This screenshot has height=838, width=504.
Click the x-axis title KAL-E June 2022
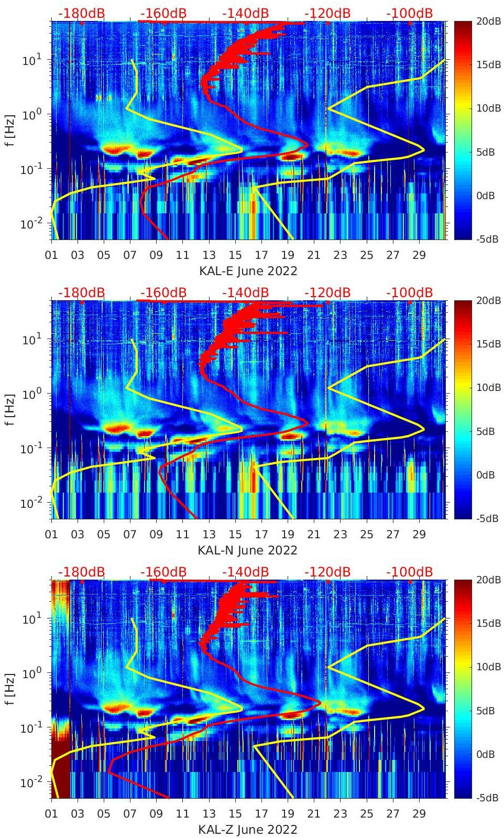pos(248,271)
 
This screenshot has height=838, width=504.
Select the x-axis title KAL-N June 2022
pos(247,550)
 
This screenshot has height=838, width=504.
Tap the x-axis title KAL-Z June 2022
pos(247,830)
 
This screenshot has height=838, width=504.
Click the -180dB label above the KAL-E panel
pos(81,14)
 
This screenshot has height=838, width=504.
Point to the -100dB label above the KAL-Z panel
pos(409,572)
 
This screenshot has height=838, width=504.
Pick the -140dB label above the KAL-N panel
pos(245,292)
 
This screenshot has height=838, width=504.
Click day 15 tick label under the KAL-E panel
pos(235,255)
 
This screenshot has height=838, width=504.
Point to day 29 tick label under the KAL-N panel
pos(419,535)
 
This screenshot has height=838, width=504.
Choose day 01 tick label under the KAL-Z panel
pos(51,814)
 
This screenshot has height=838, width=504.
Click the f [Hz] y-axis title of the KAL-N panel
pos(10,409)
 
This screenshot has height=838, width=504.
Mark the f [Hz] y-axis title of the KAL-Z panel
pos(10,689)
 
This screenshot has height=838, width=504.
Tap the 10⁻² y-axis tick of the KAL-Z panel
pos(31,782)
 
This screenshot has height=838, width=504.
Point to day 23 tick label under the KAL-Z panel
pos(340,814)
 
